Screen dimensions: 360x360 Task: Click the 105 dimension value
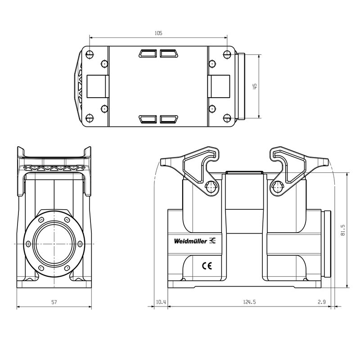pos(158,33)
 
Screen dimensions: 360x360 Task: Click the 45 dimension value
pos(255,86)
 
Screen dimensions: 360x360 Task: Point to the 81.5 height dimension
pos(343,230)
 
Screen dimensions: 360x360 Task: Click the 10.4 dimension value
pos(161,302)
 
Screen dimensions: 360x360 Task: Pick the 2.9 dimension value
pos(321,302)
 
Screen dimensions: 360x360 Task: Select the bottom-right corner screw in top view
pos(227,119)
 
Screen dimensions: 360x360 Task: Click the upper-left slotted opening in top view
pos(147,54)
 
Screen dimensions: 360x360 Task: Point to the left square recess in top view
pos(98,86)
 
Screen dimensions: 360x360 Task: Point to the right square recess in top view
pos(220,86)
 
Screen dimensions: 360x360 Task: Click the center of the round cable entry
pos(54,243)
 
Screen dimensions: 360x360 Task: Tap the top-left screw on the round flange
pos(41,220)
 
